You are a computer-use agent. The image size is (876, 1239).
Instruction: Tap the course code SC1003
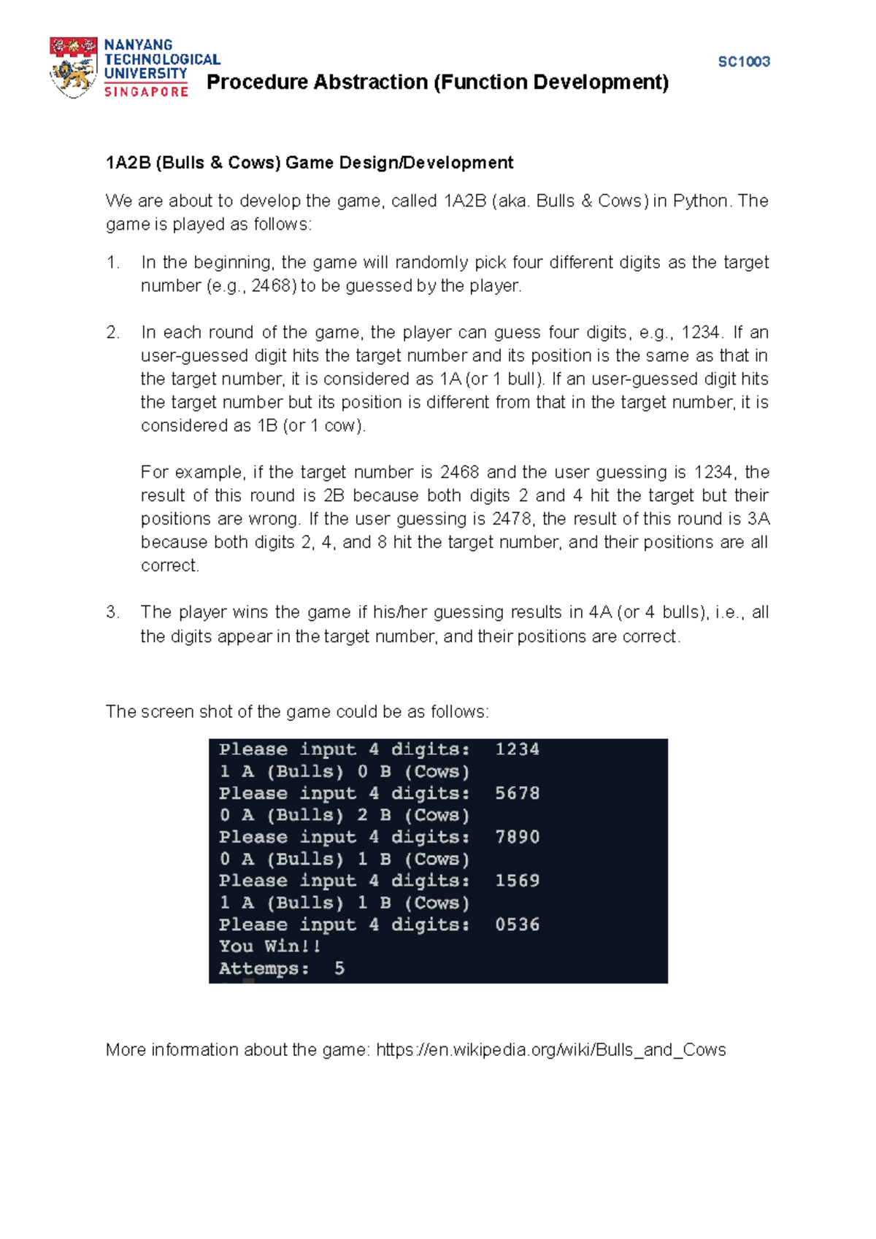pos(744,62)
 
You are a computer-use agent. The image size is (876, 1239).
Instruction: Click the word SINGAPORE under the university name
pos(146,92)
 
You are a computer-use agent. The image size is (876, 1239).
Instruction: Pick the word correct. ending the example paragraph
pos(169,566)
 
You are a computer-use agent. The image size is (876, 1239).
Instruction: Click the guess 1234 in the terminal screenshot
pos(517,749)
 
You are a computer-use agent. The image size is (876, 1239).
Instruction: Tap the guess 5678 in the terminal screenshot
pos(517,793)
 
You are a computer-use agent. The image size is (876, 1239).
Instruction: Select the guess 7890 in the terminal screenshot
pos(517,837)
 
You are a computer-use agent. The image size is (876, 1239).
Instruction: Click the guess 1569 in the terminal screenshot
pos(517,881)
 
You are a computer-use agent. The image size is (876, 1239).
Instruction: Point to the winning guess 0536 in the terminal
pos(517,925)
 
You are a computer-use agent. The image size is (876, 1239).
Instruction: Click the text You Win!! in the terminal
pos(270,946)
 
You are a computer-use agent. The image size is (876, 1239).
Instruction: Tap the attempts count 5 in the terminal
pos(339,968)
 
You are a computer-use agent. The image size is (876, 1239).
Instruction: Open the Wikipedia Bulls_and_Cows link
pos(551,1050)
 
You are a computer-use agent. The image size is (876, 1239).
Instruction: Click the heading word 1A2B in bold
pos(128,163)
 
